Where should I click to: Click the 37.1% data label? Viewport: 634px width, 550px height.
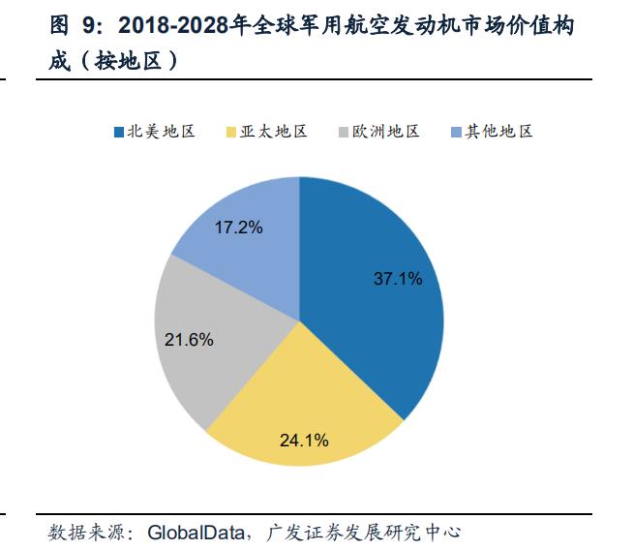pos(398,279)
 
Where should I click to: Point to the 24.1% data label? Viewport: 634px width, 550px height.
pos(304,440)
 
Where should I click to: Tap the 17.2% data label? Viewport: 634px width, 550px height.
pos(239,229)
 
